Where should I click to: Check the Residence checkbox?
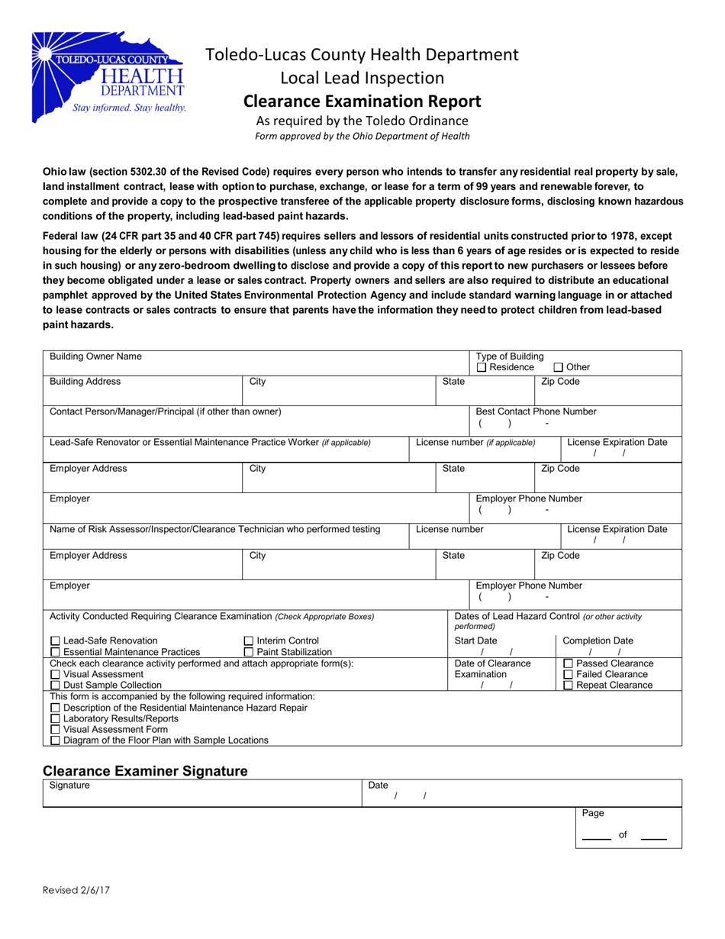coord(482,368)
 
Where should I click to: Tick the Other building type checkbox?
coord(558,368)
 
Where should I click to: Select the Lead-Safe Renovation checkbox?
coord(55,641)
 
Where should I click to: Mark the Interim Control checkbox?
coord(249,641)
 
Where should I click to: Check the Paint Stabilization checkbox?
coord(249,652)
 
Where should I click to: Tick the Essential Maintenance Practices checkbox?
coord(55,652)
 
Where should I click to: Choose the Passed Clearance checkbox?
coord(568,663)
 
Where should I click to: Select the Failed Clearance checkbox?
coord(568,675)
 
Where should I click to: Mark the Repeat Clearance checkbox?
coord(568,686)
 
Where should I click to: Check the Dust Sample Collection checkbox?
coord(55,686)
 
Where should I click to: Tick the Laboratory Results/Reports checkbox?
coord(55,718)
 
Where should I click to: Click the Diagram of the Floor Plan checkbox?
coord(55,741)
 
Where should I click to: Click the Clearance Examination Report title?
coord(362,102)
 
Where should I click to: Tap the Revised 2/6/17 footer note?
coord(76,889)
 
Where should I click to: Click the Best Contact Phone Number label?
coord(536,411)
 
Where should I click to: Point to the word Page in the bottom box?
coord(593,814)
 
